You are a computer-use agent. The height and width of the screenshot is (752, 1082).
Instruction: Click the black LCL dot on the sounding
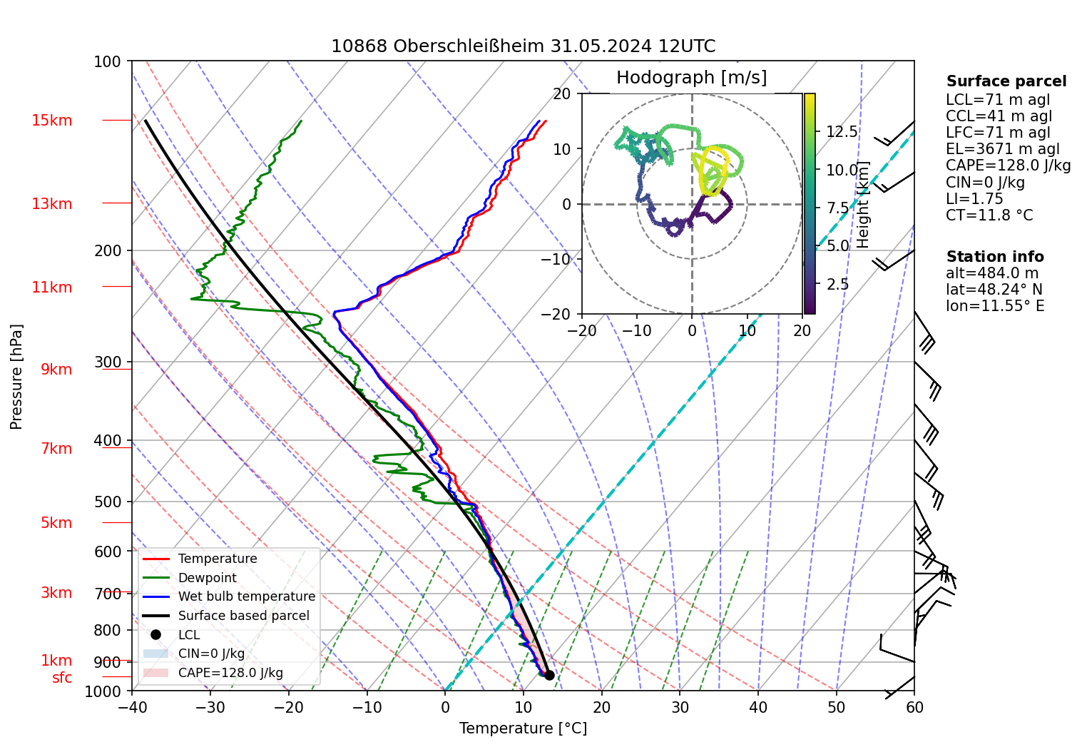point(549,675)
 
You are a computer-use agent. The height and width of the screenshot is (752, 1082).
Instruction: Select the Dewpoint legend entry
point(207,578)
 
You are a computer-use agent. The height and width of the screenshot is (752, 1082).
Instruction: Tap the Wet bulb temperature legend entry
point(246,596)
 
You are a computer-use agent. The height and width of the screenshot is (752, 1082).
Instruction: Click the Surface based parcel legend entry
point(243,616)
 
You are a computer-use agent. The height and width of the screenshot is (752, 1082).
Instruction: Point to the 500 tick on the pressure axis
point(108,502)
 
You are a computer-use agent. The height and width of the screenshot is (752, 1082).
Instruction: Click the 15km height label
point(52,121)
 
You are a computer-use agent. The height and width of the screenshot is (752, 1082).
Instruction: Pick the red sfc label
point(62,678)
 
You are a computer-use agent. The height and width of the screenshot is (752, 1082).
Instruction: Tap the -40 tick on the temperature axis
point(132,707)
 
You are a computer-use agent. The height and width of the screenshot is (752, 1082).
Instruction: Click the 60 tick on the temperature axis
point(914,707)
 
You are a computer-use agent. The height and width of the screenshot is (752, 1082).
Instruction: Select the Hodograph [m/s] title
point(691,78)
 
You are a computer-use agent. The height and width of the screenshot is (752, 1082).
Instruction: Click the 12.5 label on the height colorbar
point(842,132)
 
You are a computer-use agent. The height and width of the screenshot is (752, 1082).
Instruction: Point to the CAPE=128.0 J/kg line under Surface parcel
point(1008,166)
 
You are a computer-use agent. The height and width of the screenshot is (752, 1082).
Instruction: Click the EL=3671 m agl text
point(1002,149)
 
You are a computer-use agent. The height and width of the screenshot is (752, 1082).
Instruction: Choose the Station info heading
point(994,257)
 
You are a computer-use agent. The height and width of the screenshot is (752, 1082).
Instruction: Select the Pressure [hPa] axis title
point(16,377)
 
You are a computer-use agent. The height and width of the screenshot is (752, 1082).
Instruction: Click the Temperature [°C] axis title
point(523,728)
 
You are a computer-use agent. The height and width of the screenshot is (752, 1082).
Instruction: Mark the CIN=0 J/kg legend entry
point(211,654)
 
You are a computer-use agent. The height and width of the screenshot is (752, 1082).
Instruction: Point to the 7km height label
point(56,449)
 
